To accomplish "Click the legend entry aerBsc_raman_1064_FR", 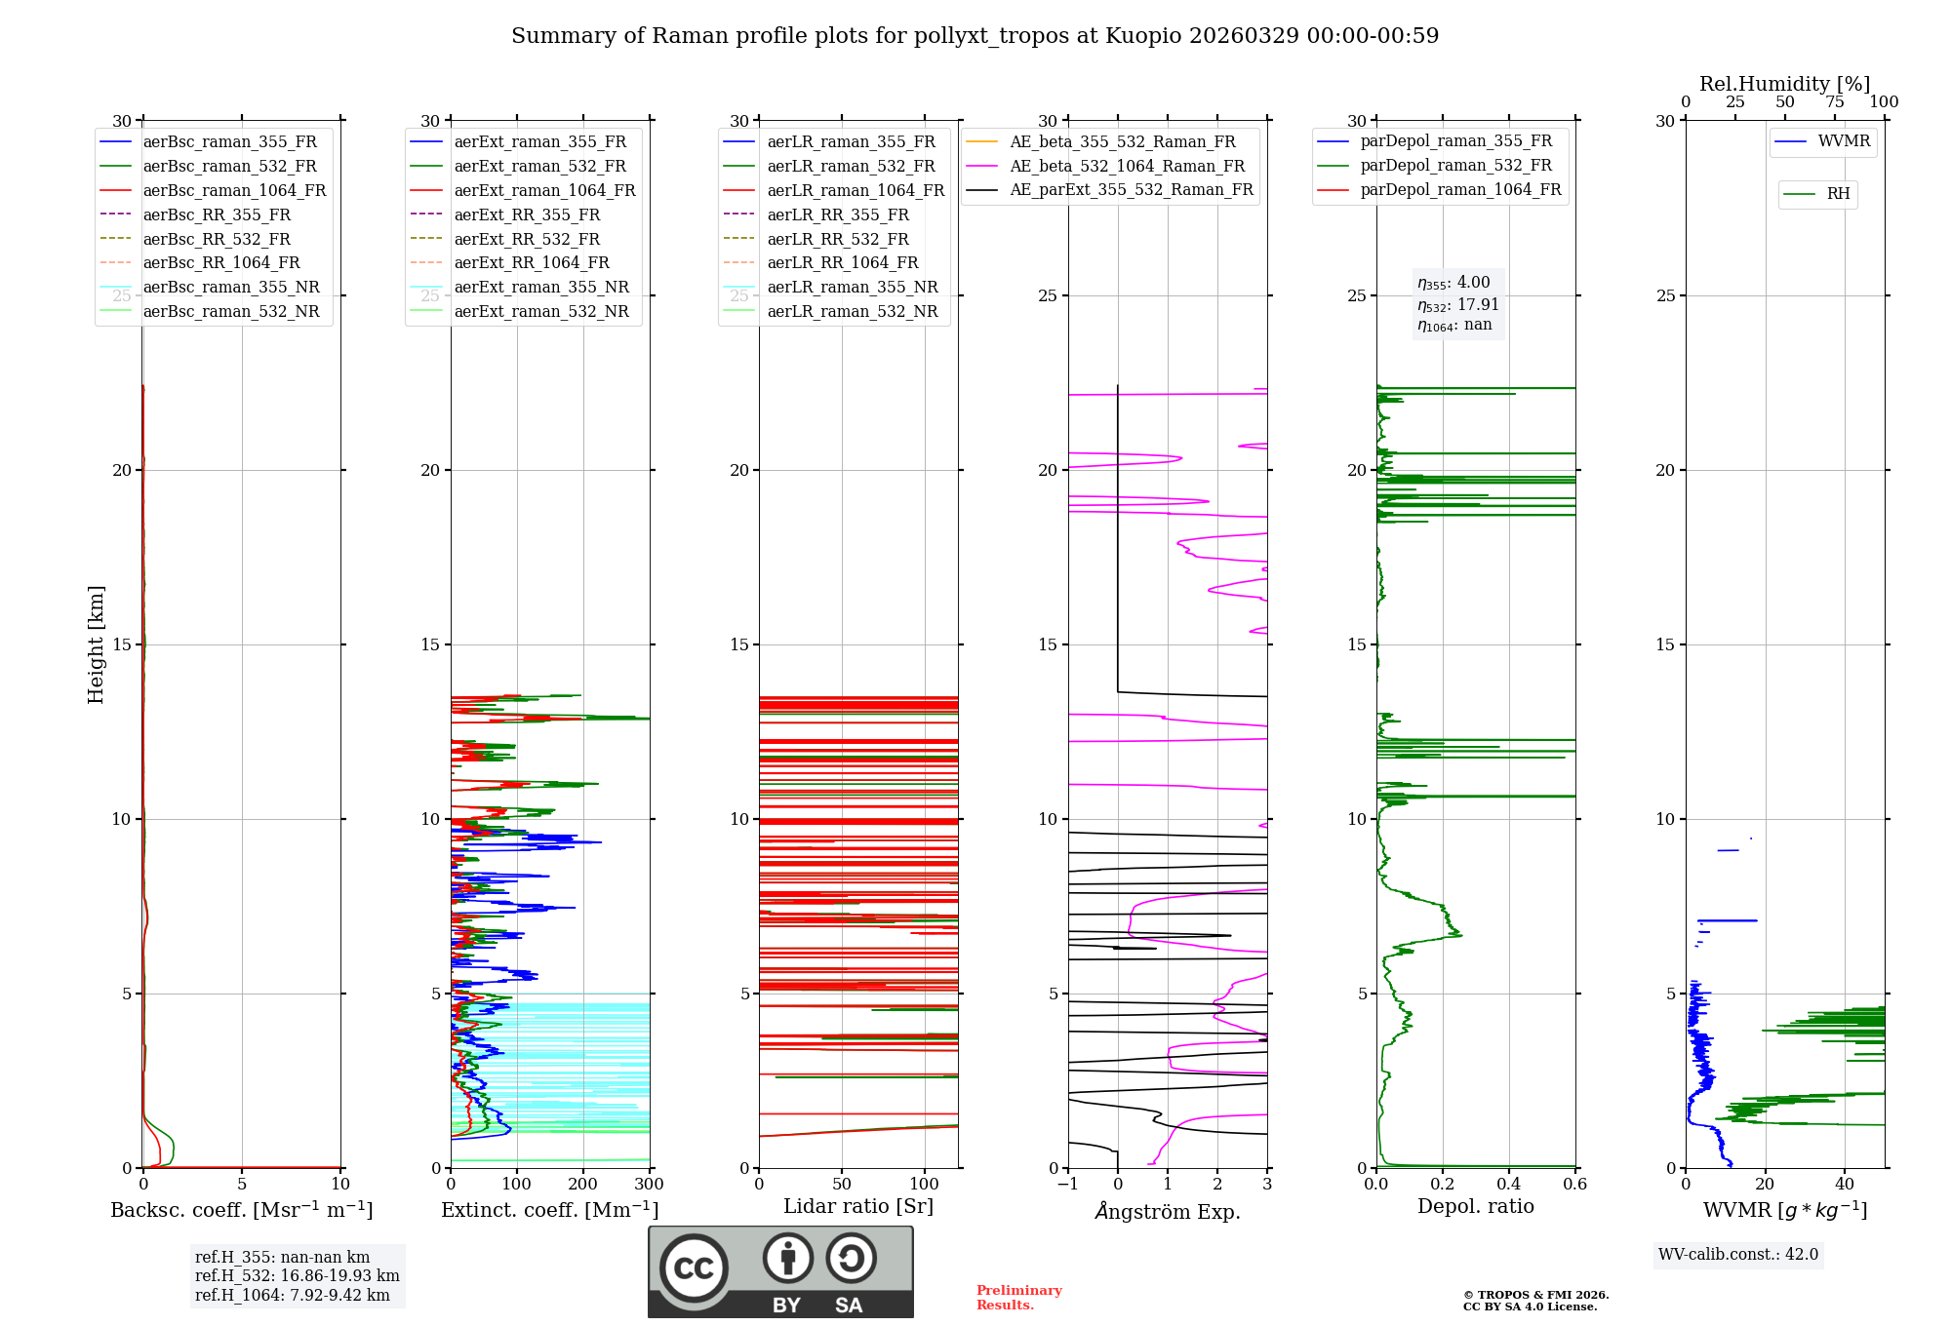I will point(234,190).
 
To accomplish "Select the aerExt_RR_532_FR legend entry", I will point(526,239).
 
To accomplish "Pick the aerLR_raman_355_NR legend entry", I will point(852,287).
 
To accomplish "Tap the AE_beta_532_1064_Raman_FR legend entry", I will point(1127,166).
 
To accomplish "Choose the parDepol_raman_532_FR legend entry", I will point(1455,166).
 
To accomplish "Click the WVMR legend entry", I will point(1844,141).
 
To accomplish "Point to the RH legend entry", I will point(1838,194).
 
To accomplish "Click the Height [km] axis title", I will point(96,643).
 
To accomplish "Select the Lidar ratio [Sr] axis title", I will point(858,1206).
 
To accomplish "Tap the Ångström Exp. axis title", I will point(1168,1211).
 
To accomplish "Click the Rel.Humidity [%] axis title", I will point(1784,84).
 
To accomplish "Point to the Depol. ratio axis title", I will point(1475,1206).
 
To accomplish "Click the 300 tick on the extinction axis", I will point(649,1185).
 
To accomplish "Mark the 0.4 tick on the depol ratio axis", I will point(1509,1185).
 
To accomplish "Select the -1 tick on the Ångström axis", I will point(1068,1185).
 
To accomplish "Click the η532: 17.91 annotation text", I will point(1458,304).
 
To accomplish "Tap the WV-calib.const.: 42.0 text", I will point(1738,1254).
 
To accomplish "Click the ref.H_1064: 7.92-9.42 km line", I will point(293,1295).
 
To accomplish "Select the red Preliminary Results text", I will point(1018,1298).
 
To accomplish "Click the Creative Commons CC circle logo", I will point(694,1267).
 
